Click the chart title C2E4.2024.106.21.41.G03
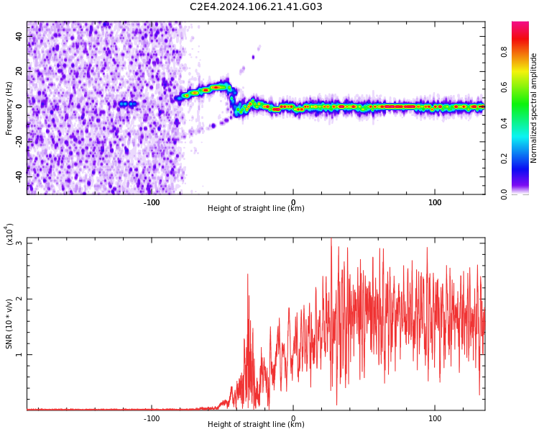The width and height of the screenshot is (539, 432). pos(256,7)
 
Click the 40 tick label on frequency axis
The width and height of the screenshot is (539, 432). pos(20,36)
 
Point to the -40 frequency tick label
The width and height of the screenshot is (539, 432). pos(20,176)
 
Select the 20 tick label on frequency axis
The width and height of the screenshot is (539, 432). pos(20,71)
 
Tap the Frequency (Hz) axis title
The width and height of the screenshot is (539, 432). pos(9,107)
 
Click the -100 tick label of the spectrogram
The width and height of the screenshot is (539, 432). pos(151,202)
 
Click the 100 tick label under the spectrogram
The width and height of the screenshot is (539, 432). pos(434,202)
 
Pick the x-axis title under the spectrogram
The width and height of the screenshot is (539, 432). pos(256,209)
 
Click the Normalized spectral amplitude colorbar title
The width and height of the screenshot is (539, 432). pos(534,107)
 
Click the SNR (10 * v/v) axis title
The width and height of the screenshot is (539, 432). pos(9,323)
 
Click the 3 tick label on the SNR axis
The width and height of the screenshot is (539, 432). pos(19,243)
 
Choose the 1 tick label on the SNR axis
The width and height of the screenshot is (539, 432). pos(19,354)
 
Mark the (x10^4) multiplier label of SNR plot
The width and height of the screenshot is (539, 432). pos(9,235)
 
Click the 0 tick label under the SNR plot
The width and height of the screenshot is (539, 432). pos(292,418)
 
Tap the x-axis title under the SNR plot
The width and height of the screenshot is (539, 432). pos(256,425)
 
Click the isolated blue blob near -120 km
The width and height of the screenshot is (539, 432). pos(127,104)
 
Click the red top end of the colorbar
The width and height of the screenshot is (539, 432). pos(520,26)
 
